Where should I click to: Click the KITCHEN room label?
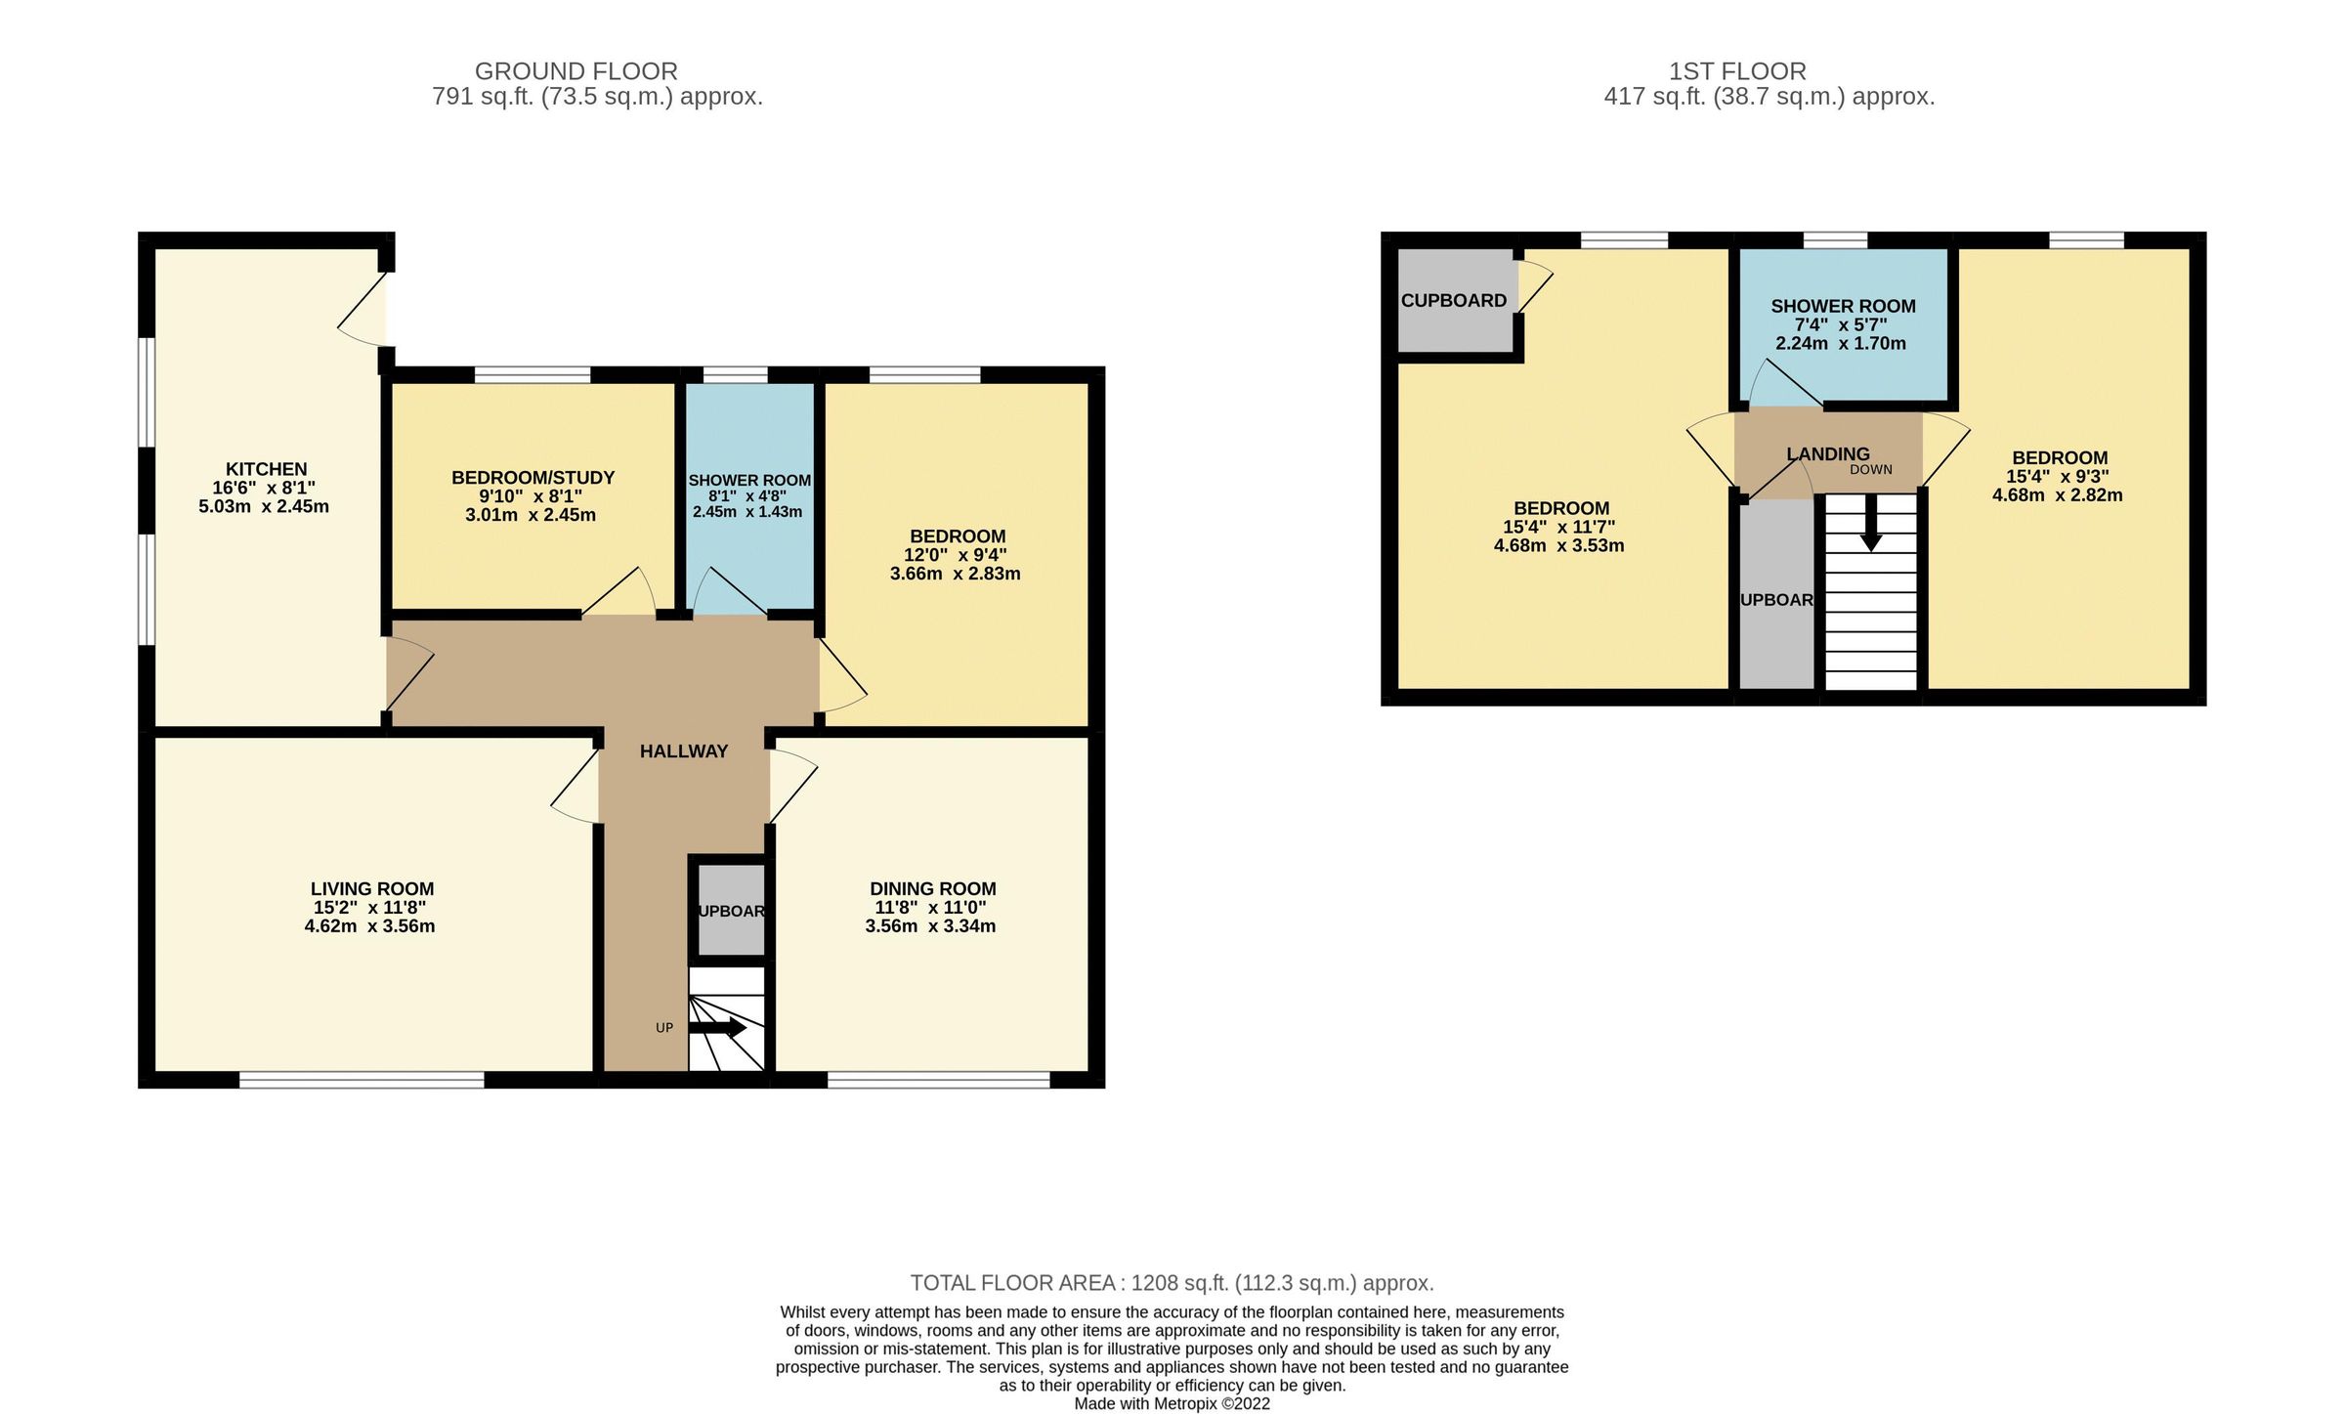tap(266, 469)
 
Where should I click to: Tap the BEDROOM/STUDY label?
tap(533, 478)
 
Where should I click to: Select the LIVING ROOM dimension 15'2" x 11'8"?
tap(369, 908)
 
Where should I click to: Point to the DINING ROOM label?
tap(932, 888)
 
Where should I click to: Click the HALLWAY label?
tap(683, 751)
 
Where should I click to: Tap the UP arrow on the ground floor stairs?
tap(718, 1028)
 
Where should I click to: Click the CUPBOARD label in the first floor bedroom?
tap(1453, 301)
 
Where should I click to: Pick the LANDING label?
tap(1827, 454)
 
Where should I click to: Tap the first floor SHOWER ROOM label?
tap(1843, 306)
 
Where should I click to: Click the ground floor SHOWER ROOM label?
tap(749, 481)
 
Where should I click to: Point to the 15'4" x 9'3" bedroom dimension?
tap(2058, 477)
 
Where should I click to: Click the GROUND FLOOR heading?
tap(576, 71)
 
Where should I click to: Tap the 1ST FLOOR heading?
tap(1736, 71)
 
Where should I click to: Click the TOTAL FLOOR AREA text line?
tap(1172, 1283)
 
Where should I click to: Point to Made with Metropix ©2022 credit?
tap(1172, 1404)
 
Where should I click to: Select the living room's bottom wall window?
tap(362, 1080)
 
